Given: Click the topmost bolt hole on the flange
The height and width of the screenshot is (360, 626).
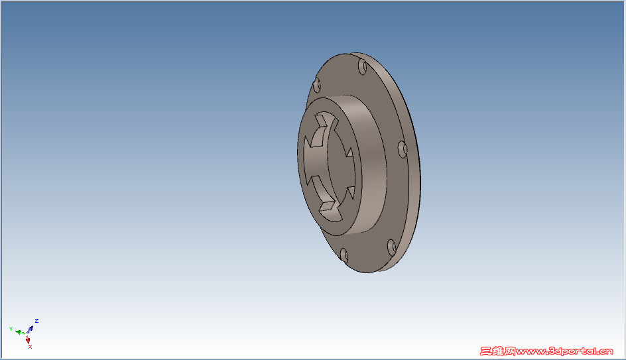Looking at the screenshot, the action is [x=363, y=66].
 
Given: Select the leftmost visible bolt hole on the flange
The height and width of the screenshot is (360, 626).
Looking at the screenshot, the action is [x=316, y=85].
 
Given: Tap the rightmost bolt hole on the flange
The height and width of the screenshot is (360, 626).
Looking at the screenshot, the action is [x=403, y=149].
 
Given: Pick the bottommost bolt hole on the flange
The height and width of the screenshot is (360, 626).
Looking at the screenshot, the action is [x=344, y=255].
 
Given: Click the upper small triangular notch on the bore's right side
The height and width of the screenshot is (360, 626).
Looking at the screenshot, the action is [x=350, y=152].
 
